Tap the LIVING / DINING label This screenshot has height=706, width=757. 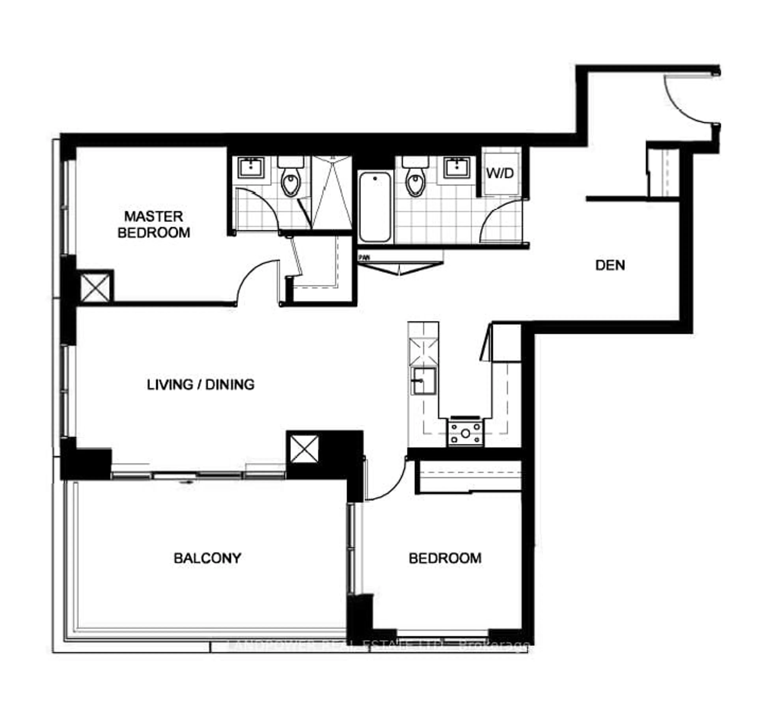[x=201, y=385]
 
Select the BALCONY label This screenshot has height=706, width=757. [x=208, y=558]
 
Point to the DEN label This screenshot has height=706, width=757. [x=610, y=265]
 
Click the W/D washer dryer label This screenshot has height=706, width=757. [x=500, y=174]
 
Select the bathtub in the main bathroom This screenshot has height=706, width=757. [x=375, y=207]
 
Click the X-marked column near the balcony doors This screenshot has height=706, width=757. [x=304, y=449]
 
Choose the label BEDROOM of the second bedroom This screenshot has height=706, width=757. [x=445, y=558]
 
